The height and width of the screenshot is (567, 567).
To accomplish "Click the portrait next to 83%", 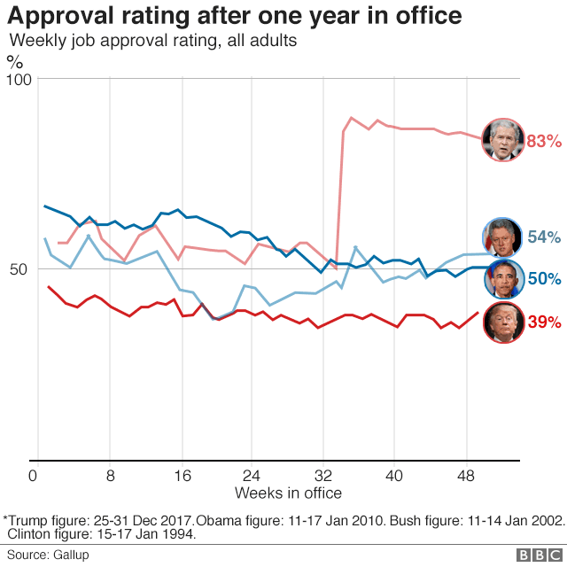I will pos(502,139).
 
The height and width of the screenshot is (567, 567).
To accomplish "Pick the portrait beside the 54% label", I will pos(502,237).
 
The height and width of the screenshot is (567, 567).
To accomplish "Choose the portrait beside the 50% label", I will pos(502,278).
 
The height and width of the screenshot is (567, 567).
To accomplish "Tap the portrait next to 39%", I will pos(502,322).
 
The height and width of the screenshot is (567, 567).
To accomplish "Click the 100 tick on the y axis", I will pos(19,80).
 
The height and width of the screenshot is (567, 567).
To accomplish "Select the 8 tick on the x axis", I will pos(110,475).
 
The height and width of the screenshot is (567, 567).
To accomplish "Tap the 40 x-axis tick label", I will pos(394,475).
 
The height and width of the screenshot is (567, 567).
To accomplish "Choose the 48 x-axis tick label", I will pos(466,475).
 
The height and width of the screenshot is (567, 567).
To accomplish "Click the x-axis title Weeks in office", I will pos(288,493).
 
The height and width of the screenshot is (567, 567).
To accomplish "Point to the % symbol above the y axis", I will pos(15,61).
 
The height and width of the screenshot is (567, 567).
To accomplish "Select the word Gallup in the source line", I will pos(70,555).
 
